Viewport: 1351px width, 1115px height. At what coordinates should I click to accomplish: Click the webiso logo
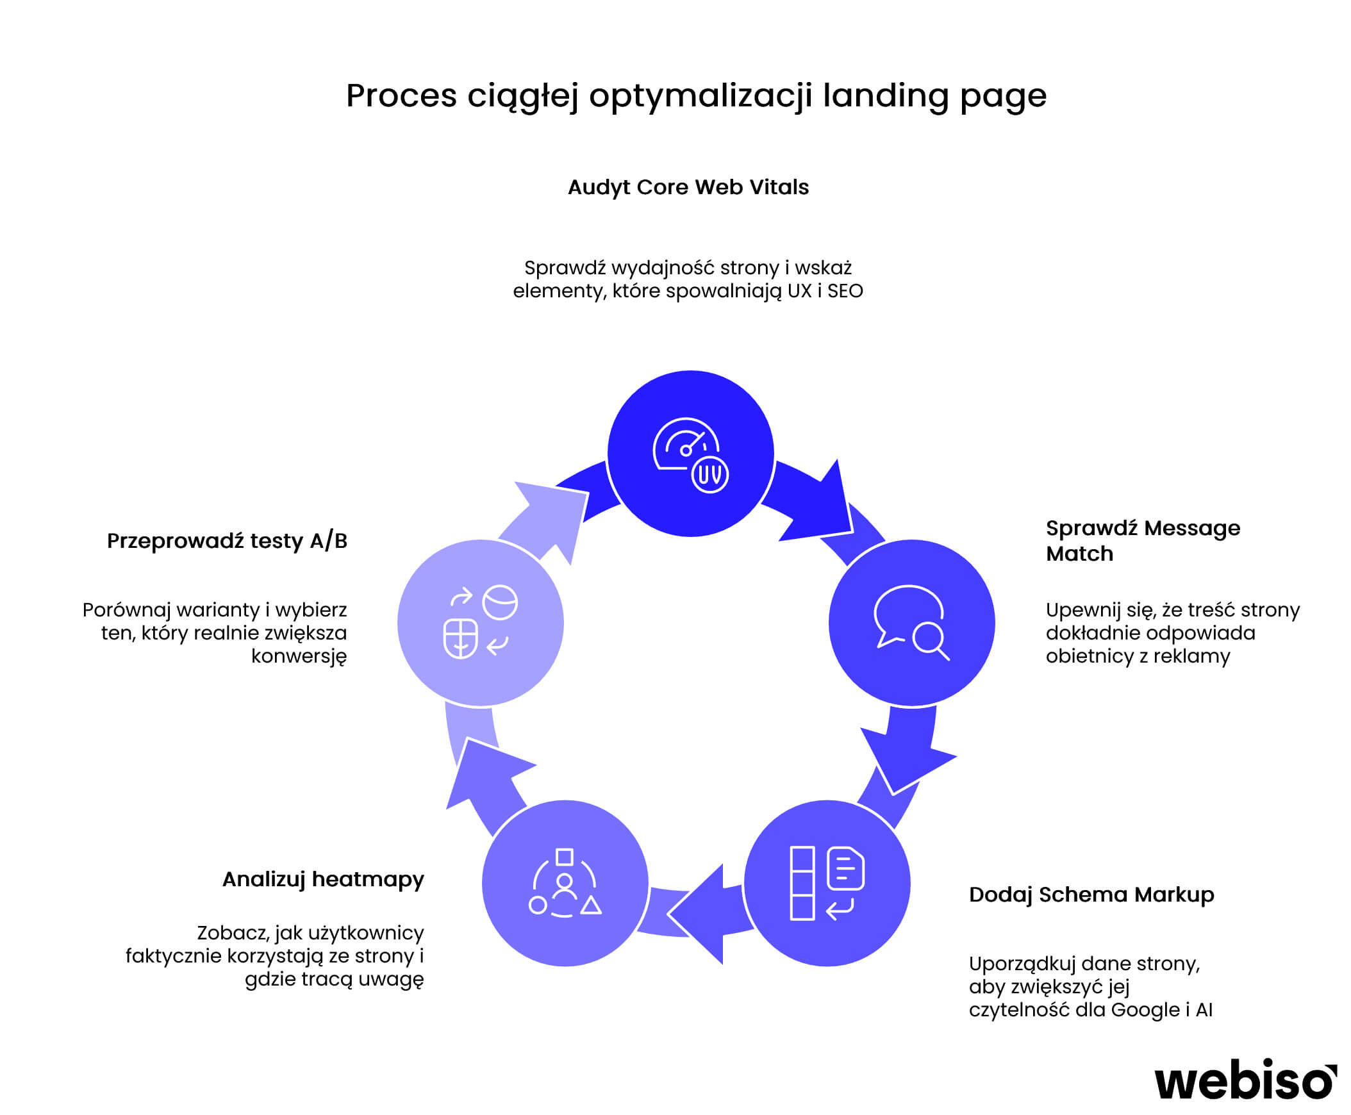[1245, 1080]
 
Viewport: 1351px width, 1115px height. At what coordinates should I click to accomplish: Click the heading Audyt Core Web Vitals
[688, 187]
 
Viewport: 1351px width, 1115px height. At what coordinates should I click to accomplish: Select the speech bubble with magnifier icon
[911, 622]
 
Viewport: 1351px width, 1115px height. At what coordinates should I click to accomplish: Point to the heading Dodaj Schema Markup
[1091, 894]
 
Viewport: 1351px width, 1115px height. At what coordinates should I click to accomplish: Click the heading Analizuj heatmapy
[323, 879]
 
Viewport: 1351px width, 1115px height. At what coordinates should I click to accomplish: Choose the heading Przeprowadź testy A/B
[227, 541]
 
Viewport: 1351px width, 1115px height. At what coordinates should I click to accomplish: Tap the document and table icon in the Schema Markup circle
[827, 883]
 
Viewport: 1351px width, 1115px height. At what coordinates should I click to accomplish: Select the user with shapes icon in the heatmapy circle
[565, 883]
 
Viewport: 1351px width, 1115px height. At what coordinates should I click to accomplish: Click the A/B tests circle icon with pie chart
[480, 622]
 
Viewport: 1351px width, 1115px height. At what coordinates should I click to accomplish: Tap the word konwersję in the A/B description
[299, 656]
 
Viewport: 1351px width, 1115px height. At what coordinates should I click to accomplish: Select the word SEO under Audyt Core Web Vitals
[845, 291]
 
